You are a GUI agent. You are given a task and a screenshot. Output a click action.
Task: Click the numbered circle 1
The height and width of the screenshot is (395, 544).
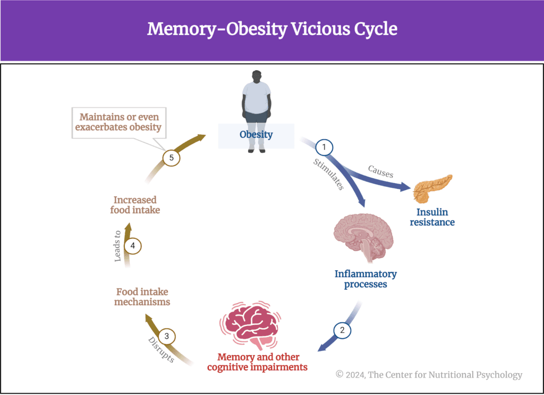[x=324, y=147]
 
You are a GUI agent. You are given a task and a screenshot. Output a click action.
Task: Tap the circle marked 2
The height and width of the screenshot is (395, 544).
[x=342, y=330]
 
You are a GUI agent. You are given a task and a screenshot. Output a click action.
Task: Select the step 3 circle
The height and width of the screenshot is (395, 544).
[x=167, y=336]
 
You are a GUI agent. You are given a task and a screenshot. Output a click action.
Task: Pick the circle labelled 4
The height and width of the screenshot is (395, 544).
[x=133, y=246]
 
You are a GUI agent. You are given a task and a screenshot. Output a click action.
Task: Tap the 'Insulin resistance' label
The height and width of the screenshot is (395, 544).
[x=432, y=217]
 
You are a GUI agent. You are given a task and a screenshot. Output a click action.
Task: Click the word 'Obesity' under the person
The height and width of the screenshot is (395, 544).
[x=256, y=135]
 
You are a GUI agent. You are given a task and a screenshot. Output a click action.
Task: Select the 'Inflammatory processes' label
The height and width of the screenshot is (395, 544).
[x=365, y=279]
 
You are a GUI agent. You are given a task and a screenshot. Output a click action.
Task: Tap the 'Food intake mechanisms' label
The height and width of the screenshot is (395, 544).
[x=143, y=297]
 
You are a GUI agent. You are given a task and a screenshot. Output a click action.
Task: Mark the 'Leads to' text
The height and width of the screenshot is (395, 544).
[x=118, y=246]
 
